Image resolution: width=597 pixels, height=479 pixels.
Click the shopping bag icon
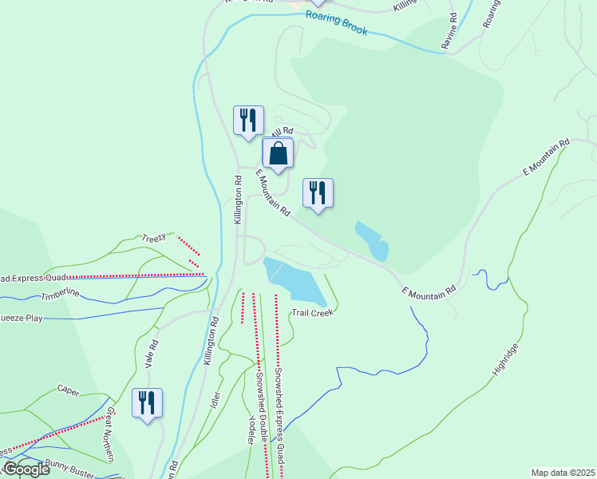(278, 153)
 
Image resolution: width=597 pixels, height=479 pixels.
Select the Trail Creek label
(313, 313)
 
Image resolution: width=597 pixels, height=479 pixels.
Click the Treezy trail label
(153, 237)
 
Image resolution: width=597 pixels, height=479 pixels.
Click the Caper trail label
(69, 390)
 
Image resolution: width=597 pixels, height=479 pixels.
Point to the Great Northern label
(109, 434)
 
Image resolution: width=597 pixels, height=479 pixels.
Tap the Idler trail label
(215, 399)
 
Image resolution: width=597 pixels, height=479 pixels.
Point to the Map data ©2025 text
(563, 473)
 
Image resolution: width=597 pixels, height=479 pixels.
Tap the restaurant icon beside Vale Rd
(147, 403)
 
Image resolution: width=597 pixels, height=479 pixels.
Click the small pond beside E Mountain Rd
(373, 240)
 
